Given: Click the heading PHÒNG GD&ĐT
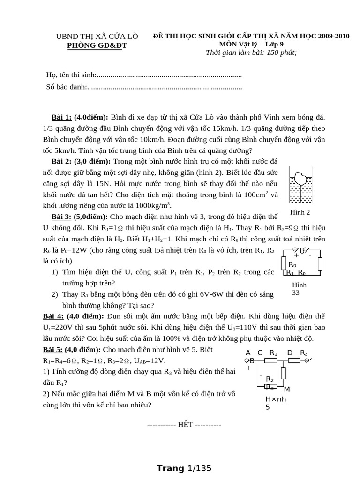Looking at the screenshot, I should pyautogui.click(x=97, y=45).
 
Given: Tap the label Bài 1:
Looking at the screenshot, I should pyautogui.click(x=61, y=117).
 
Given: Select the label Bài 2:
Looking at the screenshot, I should pyautogui.click(x=61, y=161).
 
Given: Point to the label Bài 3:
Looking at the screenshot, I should pyautogui.click(x=61, y=217).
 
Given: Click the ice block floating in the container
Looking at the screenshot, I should pyautogui.click(x=300, y=179).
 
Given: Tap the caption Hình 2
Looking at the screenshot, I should pyautogui.click(x=300, y=212).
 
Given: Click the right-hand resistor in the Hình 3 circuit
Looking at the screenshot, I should pyautogui.click(x=320, y=264).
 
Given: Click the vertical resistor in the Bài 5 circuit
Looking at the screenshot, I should pyautogui.click(x=283, y=373).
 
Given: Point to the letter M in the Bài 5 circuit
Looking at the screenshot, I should pyautogui.click(x=287, y=389).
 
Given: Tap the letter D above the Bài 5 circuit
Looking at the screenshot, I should pyautogui.click(x=290, y=353).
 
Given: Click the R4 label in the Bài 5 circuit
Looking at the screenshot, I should pyautogui.click(x=304, y=353).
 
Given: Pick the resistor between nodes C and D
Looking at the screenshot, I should pyautogui.click(x=271, y=360).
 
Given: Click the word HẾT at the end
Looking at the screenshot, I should pyautogui.click(x=182, y=425).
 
